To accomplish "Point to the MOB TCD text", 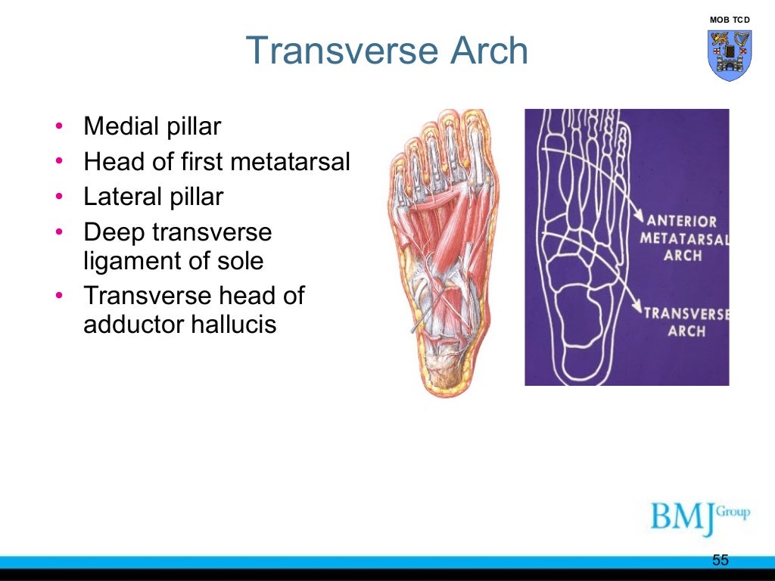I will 730,18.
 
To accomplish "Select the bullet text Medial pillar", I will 151,126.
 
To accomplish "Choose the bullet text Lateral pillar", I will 153,197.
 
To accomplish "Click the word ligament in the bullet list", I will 131,261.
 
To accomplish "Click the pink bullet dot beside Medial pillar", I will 60,126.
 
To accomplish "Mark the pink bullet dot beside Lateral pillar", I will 60,197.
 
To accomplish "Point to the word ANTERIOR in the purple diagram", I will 681,222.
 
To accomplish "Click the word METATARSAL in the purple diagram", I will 684,239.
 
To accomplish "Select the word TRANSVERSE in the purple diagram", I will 686,313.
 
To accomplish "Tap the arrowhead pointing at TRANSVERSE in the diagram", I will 636,308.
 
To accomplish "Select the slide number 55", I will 720,560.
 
